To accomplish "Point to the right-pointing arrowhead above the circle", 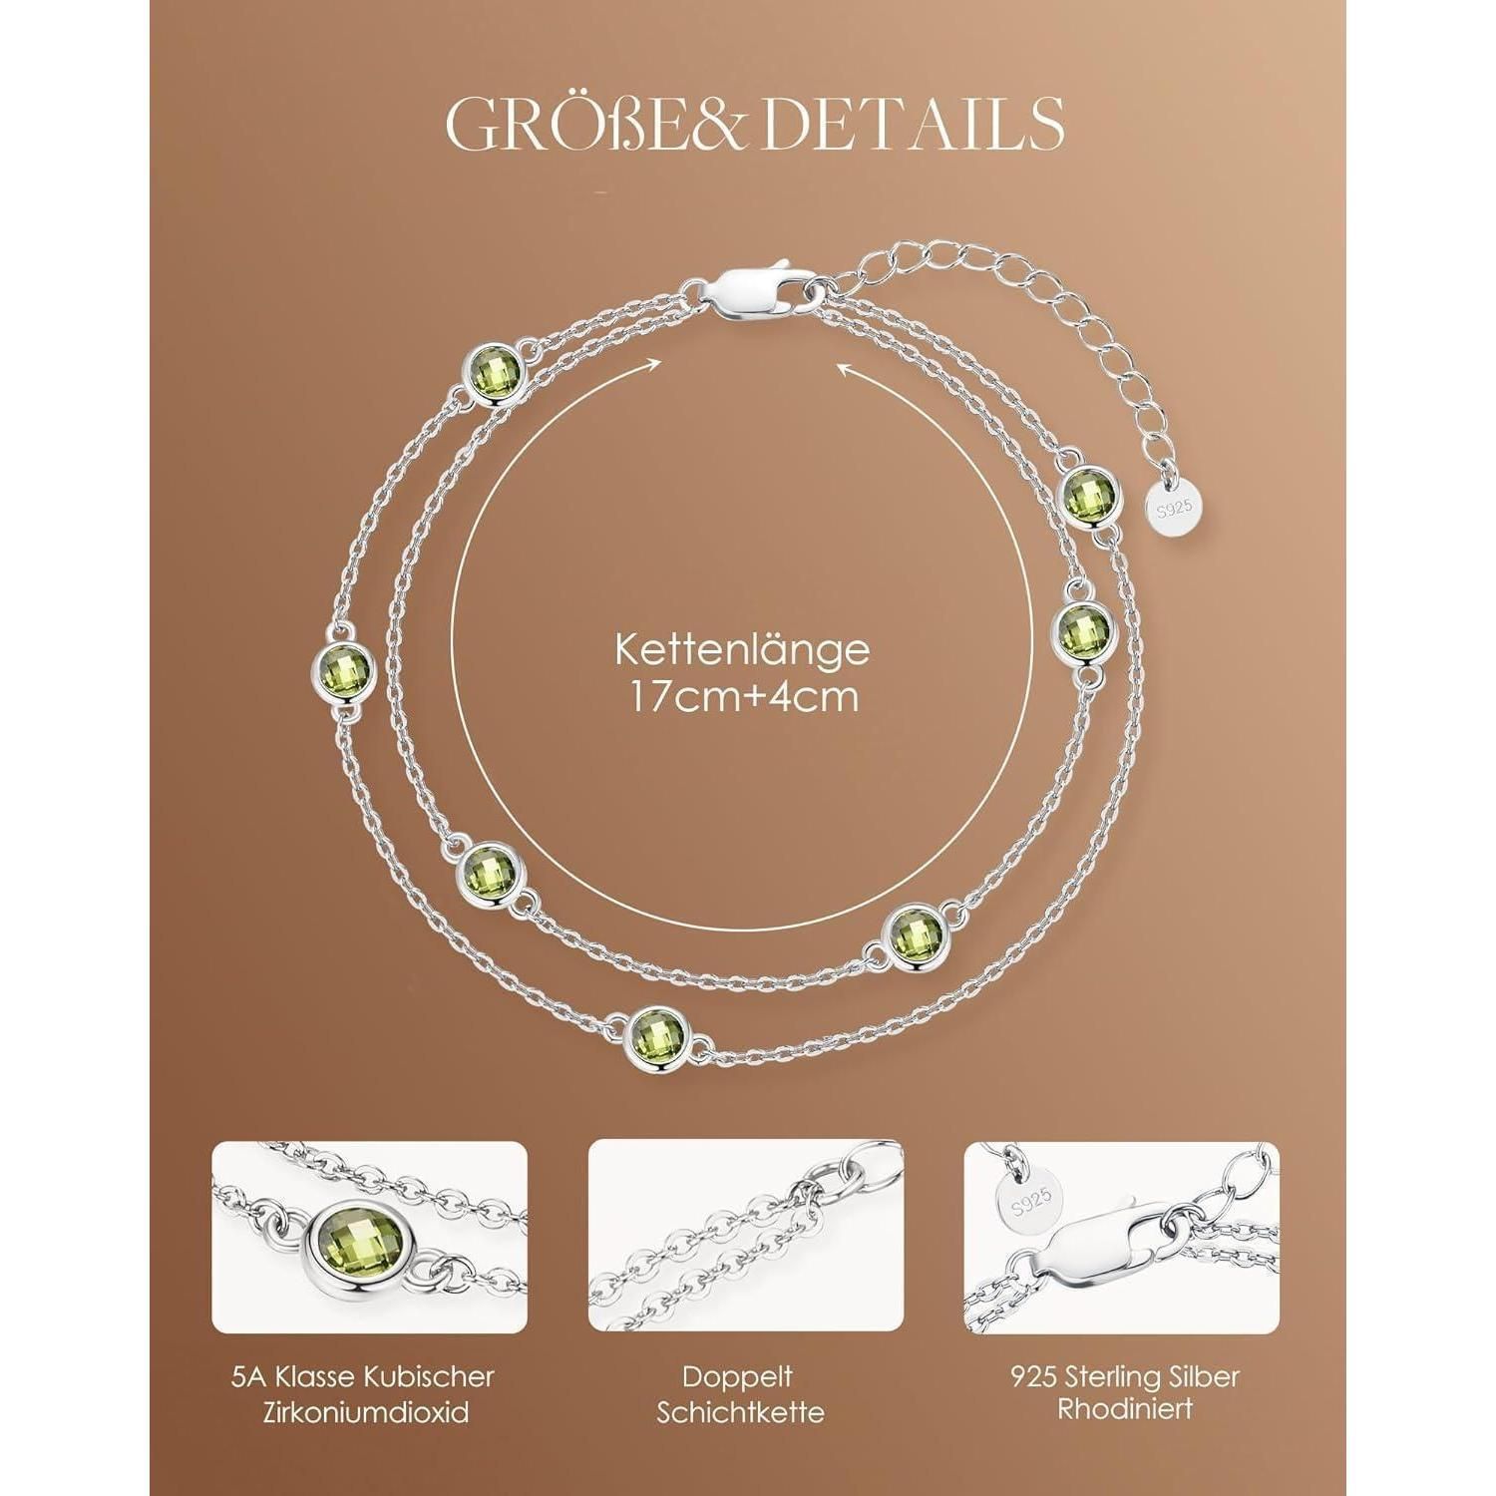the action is point(655,365).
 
